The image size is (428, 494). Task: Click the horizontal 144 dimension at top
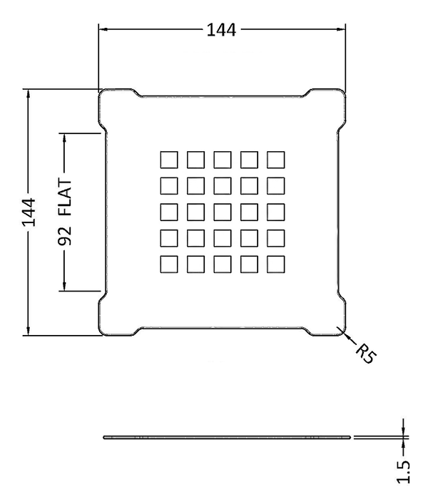222,30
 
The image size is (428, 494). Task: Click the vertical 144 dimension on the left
29,212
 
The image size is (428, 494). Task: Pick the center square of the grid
222,212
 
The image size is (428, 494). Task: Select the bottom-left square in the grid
168,264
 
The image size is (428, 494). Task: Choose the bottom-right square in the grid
275,264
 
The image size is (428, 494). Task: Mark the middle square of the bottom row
222,264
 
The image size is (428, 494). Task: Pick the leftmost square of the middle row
168,212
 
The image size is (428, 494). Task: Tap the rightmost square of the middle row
275,212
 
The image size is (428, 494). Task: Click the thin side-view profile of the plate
228,436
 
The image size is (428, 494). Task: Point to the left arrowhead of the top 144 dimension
102,30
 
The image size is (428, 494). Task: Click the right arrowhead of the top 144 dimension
342,30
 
